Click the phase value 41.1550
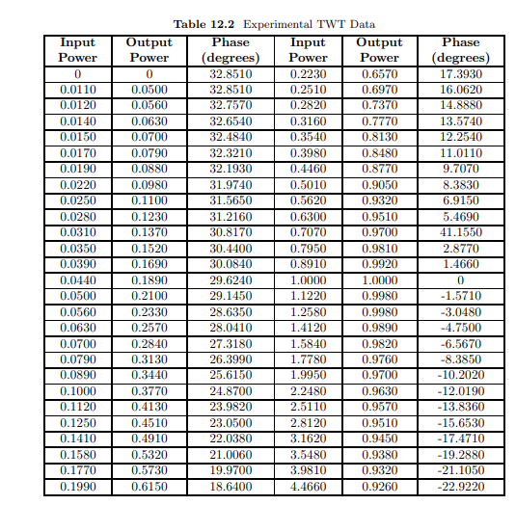pos(460,232)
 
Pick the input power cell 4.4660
pos(308,489)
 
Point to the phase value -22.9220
pos(460,489)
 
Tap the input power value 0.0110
pos(77,89)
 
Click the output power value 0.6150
pos(149,489)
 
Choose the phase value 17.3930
pos(460,74)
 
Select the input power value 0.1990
pos(77,489)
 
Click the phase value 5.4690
pos(460,218)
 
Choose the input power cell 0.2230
pos(308,74)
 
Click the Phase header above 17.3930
pos(460,43)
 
